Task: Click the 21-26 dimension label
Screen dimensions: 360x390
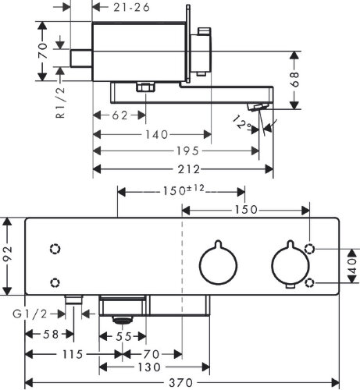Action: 132,7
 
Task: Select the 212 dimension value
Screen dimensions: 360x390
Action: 189,169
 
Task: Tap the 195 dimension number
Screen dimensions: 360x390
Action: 187,151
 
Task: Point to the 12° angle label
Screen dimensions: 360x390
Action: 242,123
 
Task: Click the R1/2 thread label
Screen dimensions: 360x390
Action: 60,103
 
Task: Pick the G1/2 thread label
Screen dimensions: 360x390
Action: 30,314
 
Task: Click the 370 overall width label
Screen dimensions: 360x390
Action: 181,383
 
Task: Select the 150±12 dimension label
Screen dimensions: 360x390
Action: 184,190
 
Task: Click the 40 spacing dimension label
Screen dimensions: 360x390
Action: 351,266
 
